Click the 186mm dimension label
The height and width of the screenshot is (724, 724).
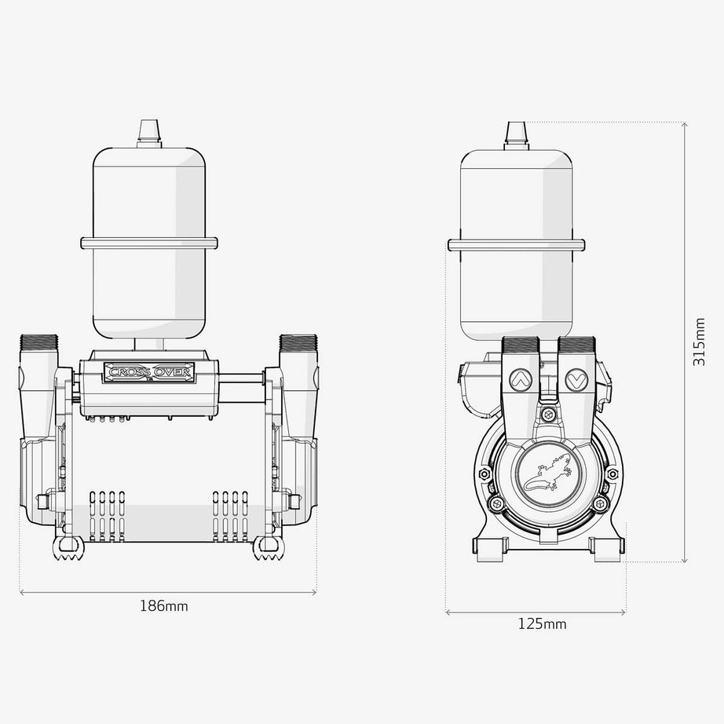click(163, 606)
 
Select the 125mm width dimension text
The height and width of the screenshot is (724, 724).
click(542, 624)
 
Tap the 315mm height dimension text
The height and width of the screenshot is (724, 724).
click(700, 342)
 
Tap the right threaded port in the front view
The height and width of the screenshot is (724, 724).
click(298, 343)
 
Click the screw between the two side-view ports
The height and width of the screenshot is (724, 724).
click(549, 413)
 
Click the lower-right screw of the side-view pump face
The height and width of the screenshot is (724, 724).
click(599, 503)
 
